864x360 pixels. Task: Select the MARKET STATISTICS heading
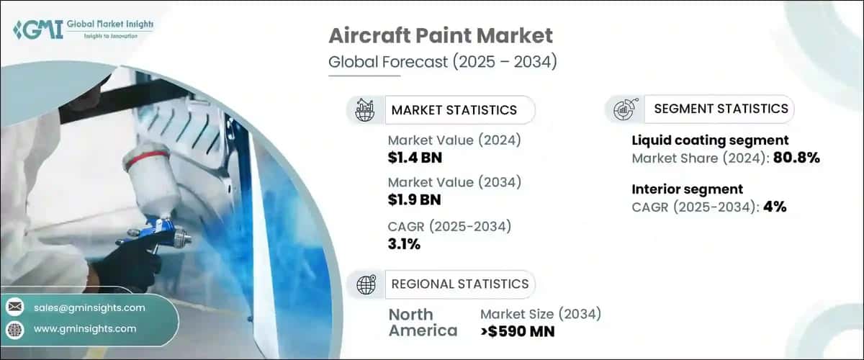(x=454, y=110)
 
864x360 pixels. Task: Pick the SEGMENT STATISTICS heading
(x=721, y=109)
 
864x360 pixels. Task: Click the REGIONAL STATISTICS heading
(x=459, y=284)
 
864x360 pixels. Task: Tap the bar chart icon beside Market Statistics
(x=366, y=110)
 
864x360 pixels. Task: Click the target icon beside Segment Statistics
(x=623, y=109)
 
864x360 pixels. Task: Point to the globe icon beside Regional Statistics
(x=366, y=284)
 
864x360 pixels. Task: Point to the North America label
(x=423, y=323)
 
